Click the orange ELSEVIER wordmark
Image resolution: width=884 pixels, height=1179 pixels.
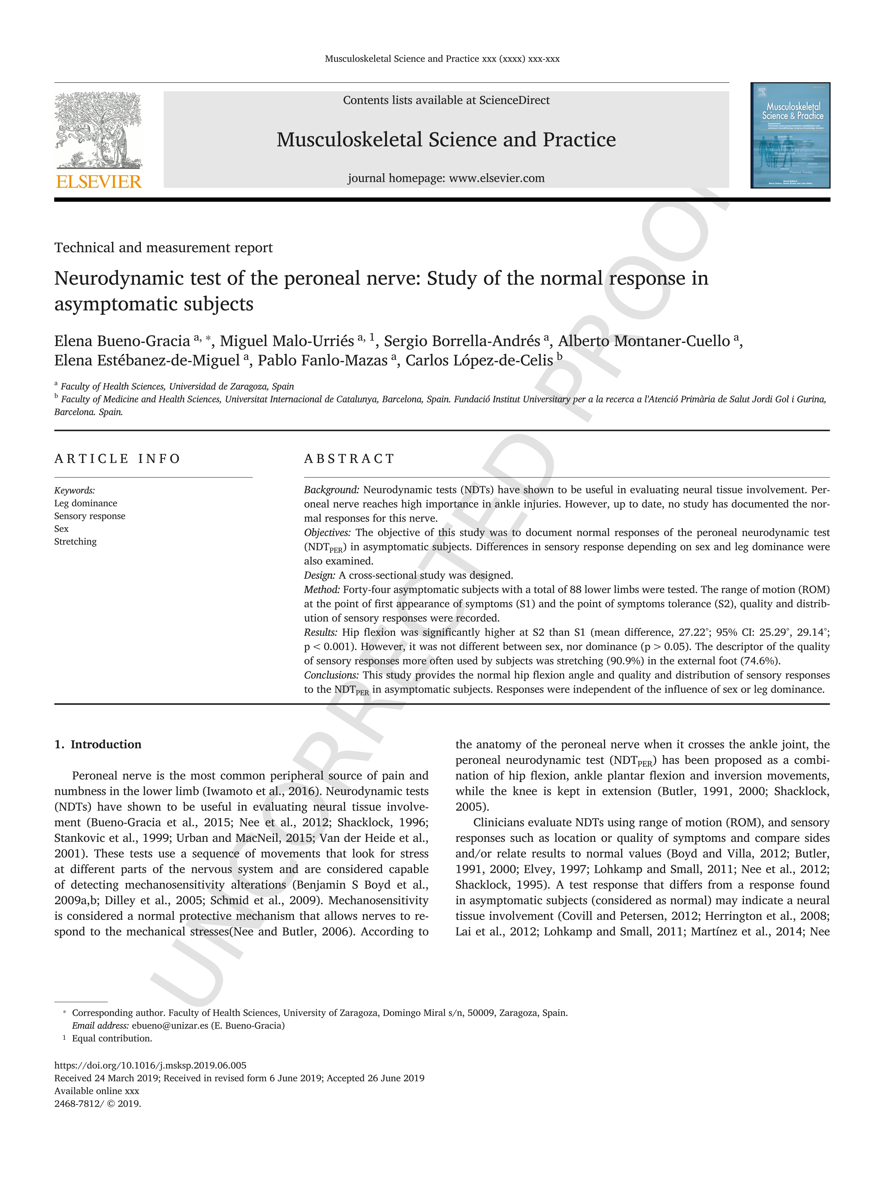(x=99, y=182)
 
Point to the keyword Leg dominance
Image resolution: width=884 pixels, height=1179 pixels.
(x=85, y=503)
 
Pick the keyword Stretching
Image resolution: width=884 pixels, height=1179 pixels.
(x=75, y=541)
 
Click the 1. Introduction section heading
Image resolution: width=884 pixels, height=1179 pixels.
(x=98, y=744)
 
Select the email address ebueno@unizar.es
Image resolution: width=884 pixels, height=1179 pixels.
(x=169, y=1025)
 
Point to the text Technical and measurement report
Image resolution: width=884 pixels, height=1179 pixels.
(x=163, y=247)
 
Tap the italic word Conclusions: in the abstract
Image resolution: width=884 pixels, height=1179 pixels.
(x=331, y=675)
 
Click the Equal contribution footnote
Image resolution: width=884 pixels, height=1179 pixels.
(x=112, y=1038)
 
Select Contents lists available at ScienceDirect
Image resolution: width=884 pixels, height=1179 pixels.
(x=446, y=100)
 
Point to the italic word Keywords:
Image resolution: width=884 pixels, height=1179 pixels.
(x=74, y=490)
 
